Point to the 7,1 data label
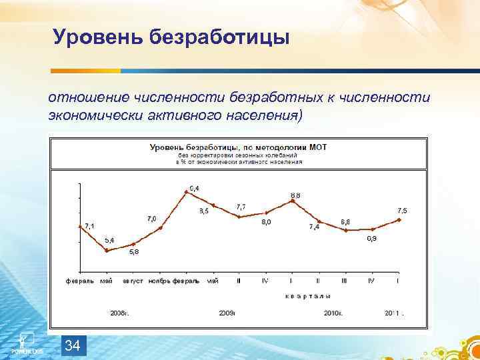pyautogui.click(x=89, y=226)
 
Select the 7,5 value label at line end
pyautogui.click(x=402, y=211)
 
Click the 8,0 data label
pyautogui.click(x=265, y=222)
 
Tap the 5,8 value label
pyautogui.click(x=134, y=252)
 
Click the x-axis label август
pyautogui.click(x=133, y=281)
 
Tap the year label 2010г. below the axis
pyautogui.click(x=333, y=312)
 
